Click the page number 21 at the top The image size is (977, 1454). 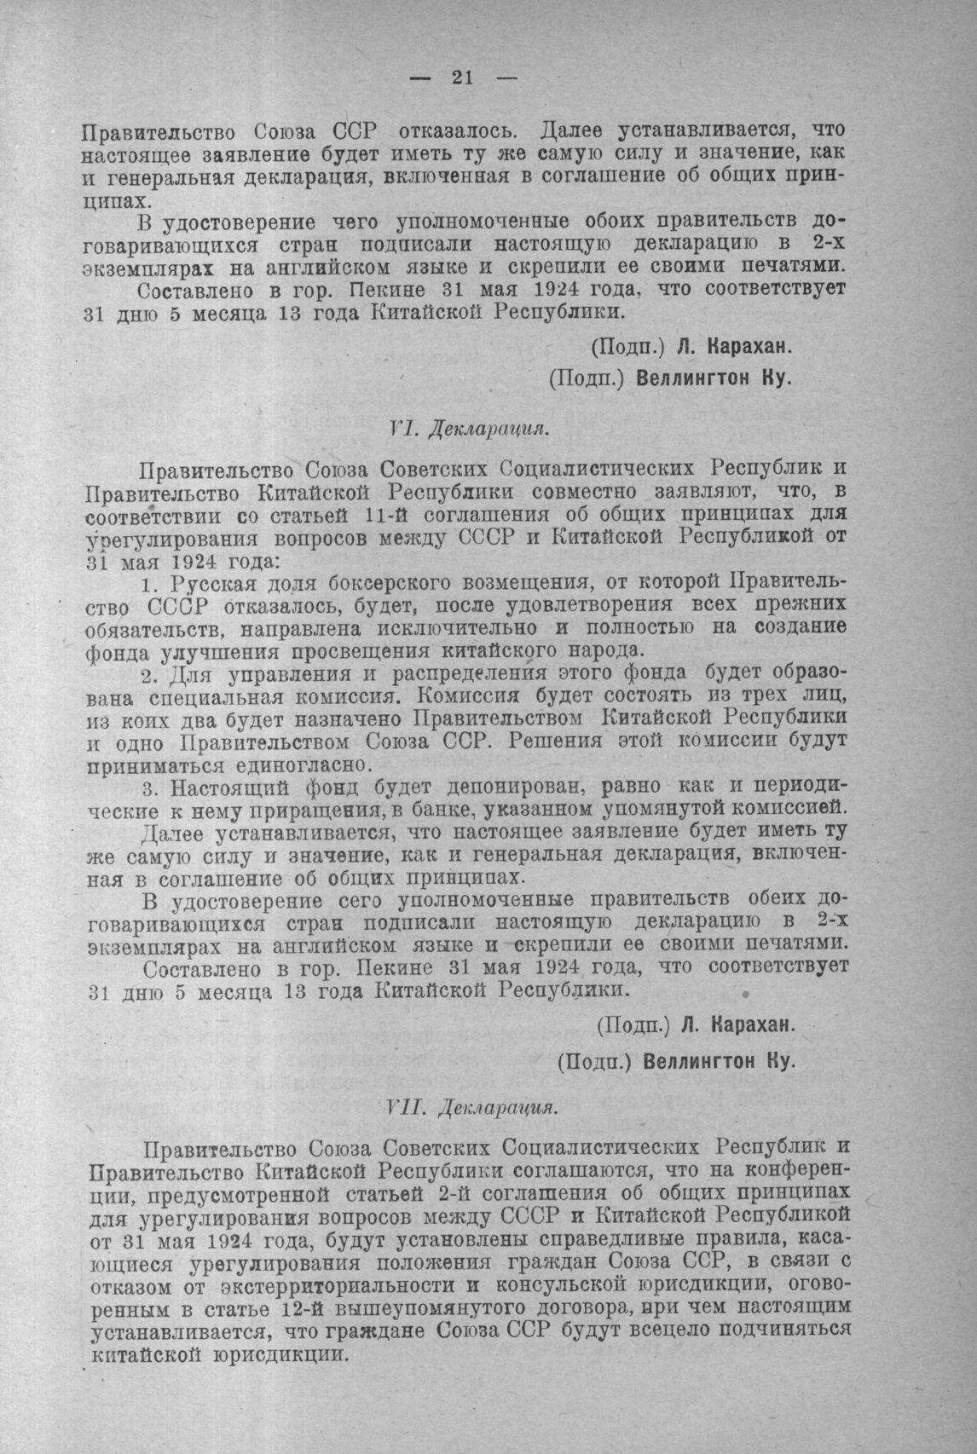tap(462, 78)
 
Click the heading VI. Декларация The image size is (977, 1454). tap(467, 428)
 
